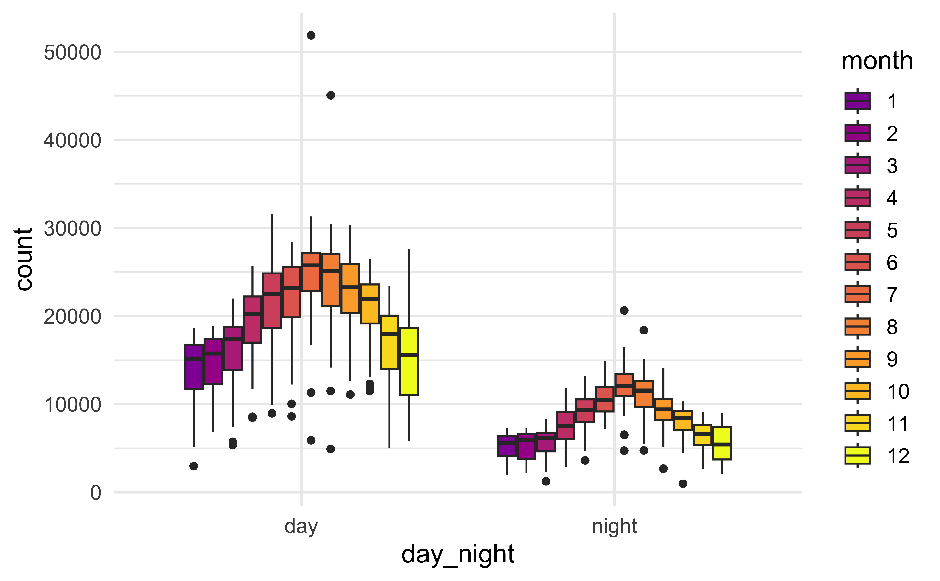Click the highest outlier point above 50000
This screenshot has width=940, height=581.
pos(311,35)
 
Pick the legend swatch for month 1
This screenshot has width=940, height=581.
pos(857,101)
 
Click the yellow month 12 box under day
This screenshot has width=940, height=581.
pos(409,361)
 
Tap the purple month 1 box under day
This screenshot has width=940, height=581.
pos(194,367)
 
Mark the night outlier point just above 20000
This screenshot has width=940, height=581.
pos(624,310)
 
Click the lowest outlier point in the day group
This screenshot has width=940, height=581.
pos(194,466)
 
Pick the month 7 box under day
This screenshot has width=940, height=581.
pos(311,272)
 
